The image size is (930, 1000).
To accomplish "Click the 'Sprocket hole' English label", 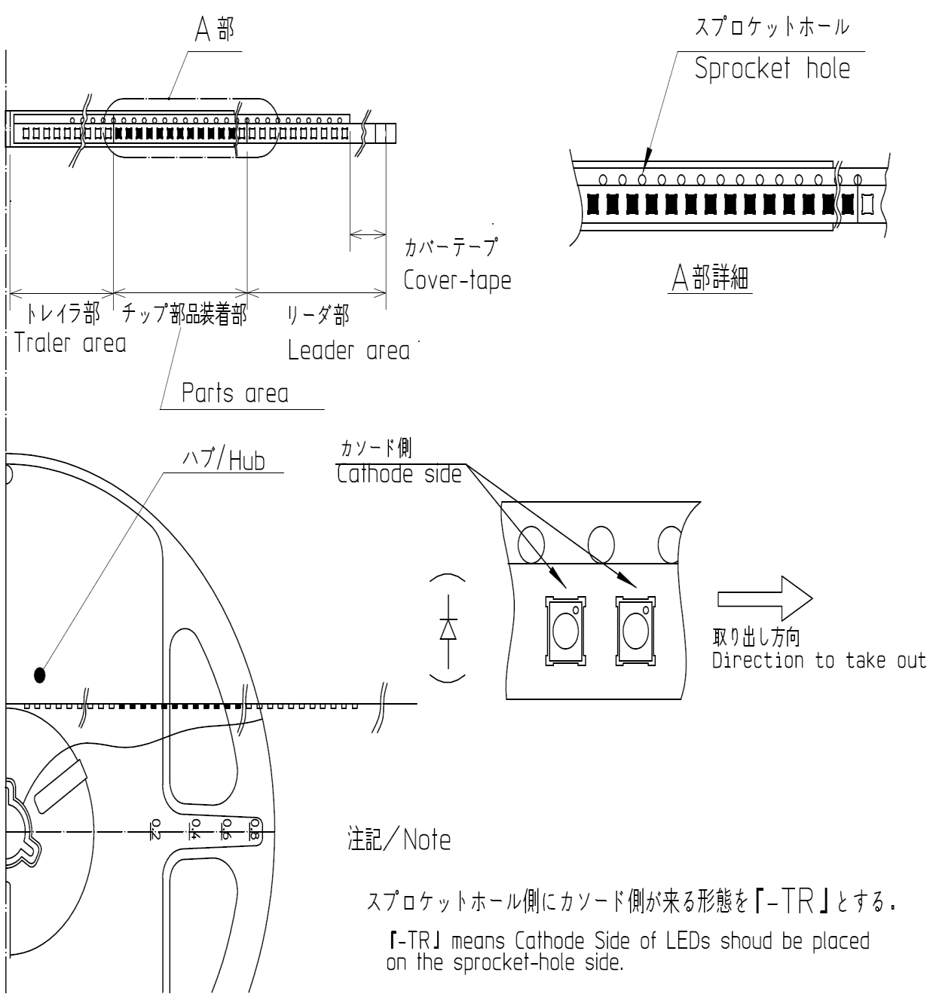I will click(772, 69).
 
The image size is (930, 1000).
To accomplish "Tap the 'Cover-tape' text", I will click(457, 280).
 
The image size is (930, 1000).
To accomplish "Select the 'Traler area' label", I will click(70, 343).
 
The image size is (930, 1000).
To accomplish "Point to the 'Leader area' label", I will click(349, 350).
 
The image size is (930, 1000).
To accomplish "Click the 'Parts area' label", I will click(234, 393).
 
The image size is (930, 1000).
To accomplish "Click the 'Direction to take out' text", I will click(818, 661).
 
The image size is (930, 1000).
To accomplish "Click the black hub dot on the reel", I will click(40, 674).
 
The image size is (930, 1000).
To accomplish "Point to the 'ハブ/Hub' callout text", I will click(224, 460).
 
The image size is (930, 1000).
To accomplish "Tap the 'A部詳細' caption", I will click(711, 279).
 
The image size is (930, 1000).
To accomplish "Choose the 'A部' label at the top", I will click(213, 32).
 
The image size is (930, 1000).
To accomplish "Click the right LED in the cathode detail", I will click(635, 631).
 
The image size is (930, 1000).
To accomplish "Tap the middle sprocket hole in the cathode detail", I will click(601, 541).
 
